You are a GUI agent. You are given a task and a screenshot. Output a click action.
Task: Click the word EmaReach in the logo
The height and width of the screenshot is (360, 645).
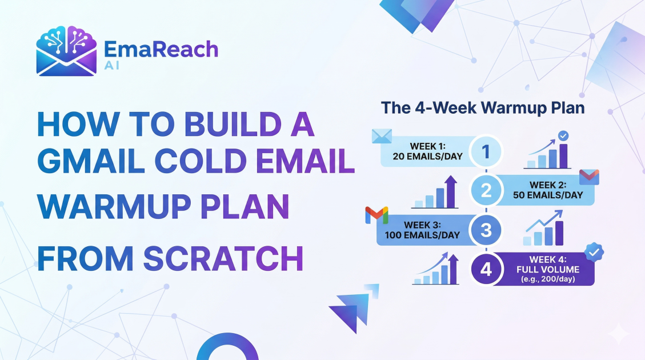tap(161, 50)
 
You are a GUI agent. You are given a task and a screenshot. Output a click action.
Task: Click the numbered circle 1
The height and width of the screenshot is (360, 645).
tap(485, 152)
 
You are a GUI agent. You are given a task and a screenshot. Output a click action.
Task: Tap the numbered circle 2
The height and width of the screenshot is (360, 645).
tap(486, 191)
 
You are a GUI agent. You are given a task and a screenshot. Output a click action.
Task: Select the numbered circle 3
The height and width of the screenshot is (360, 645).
tap(486, 230)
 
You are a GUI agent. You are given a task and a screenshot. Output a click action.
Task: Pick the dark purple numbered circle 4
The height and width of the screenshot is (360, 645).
tap(486, 269)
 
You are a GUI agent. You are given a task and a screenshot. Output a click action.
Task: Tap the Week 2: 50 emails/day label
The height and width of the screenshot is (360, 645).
tap(548, 190)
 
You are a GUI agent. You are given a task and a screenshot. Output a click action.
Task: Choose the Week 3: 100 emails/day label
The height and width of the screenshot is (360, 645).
tap(423, 230)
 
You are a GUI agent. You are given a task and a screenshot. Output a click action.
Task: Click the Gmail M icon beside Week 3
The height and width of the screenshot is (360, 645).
tap(376, 215)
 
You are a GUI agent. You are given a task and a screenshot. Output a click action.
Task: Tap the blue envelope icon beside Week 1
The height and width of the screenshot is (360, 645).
tap(380, 136)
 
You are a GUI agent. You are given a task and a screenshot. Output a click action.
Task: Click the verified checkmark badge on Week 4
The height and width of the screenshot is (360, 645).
tap(595, 252)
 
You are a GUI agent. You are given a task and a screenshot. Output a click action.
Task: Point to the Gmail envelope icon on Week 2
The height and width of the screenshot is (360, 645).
tap(588, 177)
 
